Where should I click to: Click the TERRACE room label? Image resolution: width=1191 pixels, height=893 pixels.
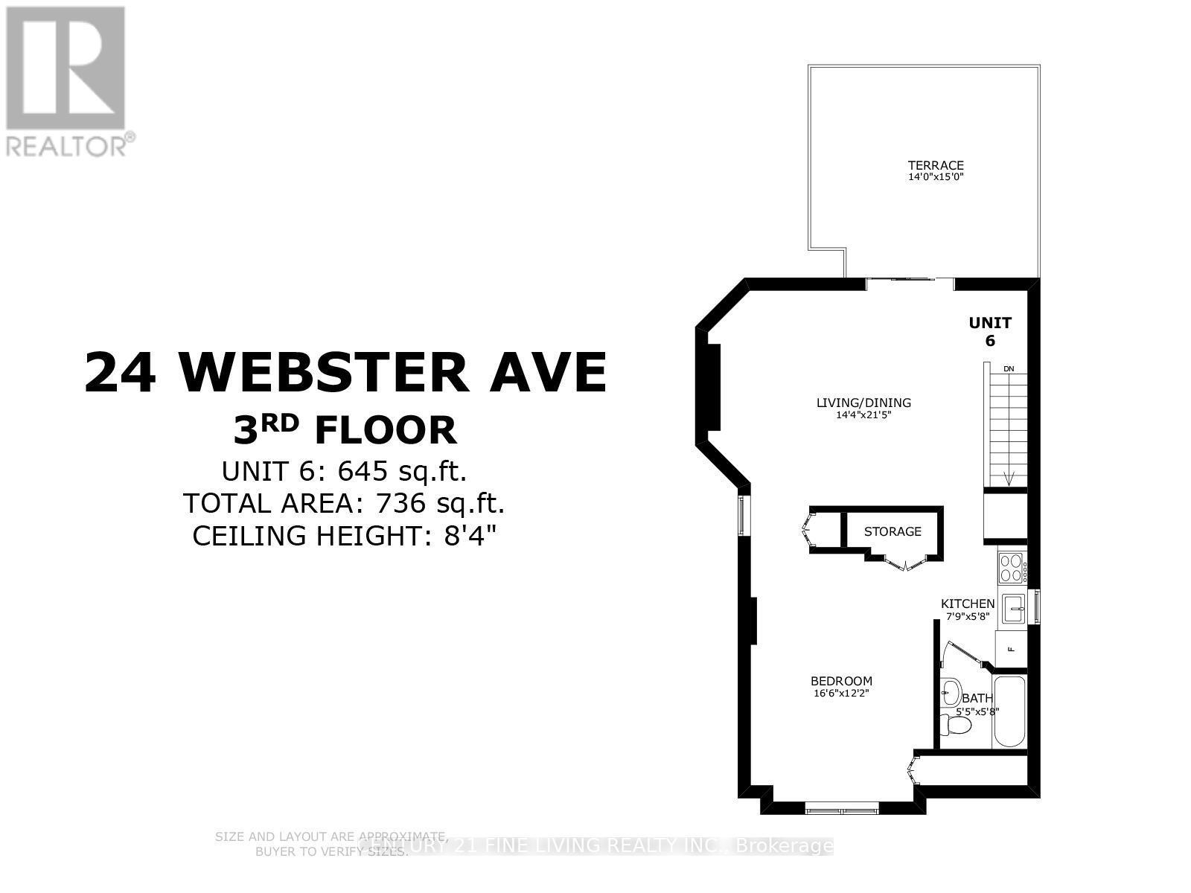925,165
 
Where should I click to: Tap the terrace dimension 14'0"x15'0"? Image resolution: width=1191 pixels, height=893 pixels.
925,177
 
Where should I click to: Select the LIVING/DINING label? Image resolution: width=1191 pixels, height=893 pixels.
863,403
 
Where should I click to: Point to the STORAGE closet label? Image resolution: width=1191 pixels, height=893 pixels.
893,531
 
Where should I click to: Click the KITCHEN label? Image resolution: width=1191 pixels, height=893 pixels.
968,604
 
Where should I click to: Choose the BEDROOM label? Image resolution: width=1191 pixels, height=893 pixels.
841,681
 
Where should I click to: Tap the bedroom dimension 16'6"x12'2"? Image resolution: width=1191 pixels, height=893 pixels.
841,693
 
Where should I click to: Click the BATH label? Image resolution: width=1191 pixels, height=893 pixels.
977,698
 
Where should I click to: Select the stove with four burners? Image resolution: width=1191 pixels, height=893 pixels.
1011,568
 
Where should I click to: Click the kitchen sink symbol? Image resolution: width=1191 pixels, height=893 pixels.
1013,609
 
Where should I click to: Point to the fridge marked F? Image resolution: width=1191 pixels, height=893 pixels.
1011,648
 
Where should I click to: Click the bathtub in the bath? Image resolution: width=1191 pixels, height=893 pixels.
1009,712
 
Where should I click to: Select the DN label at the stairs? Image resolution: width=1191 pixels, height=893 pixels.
1009,368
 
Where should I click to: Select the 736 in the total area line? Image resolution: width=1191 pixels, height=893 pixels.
402,503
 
